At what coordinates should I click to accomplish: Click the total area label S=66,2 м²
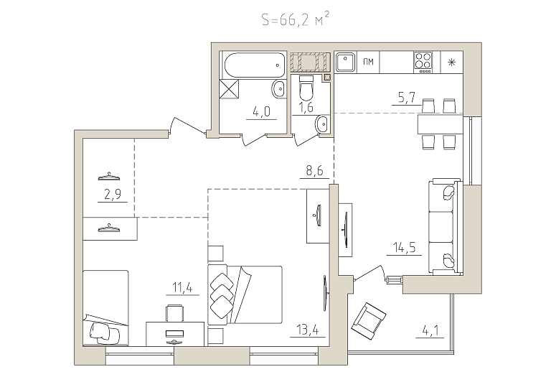296,19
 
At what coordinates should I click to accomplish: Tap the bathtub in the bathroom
254,65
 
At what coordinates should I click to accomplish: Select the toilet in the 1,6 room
306,88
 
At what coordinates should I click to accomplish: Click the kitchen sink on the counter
345,62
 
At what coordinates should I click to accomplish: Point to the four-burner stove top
423,62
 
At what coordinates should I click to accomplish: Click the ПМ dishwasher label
368,62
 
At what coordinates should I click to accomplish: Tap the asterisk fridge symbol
451,62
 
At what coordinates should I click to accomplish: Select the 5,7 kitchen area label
407,98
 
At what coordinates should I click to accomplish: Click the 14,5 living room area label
404,248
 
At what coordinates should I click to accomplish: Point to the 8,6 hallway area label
314,171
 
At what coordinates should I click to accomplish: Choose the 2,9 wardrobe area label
113,195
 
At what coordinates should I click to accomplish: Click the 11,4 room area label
182,287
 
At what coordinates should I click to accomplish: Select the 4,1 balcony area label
430,331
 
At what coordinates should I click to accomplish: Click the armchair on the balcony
369,321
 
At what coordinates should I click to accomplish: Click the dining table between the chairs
440,124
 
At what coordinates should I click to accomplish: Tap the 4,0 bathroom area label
261,112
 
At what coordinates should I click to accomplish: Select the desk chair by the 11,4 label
174,312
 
